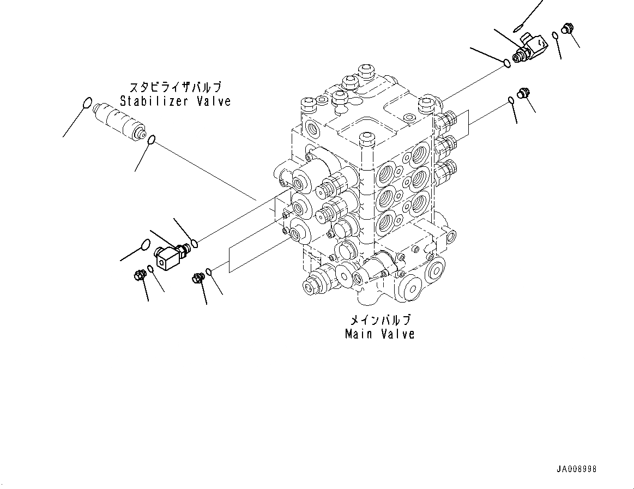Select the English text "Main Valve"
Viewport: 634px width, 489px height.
click(379, 334)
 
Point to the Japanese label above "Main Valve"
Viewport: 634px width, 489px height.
click(379, 320)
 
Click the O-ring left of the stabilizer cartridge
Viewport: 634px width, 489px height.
click(87, 103)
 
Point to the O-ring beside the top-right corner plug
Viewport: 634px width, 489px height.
click(555, 36)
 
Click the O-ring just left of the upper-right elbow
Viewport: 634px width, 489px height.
click(506, 63)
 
